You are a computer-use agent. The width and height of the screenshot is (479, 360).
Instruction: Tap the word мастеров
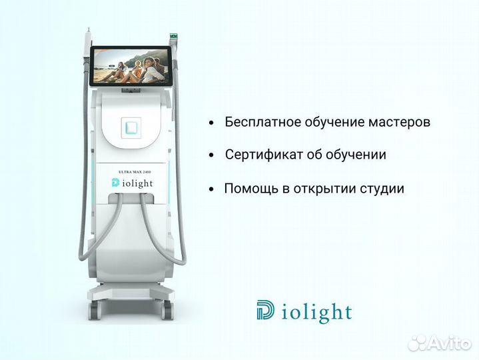395,123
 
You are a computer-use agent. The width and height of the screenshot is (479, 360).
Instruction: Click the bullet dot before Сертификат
211,156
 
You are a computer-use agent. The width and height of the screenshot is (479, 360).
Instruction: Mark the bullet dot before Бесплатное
211,123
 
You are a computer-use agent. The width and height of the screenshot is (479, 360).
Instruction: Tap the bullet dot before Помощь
211,189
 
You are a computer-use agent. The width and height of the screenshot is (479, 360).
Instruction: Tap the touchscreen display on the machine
129,67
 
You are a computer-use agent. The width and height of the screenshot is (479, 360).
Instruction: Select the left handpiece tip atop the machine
87,40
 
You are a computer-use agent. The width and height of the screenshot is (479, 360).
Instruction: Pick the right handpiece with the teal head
176,37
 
